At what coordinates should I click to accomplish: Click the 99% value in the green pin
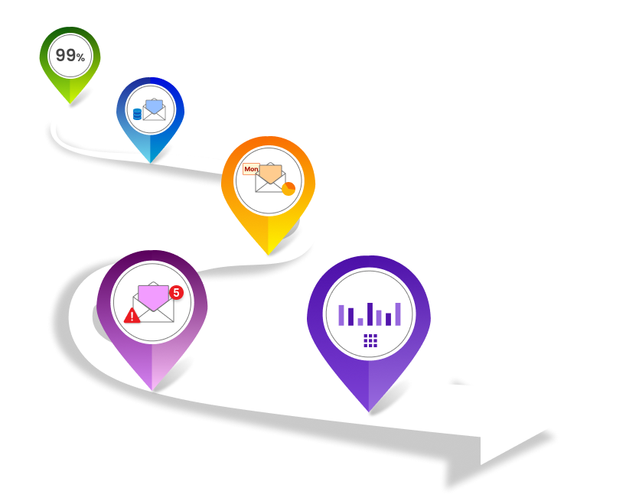pyautogui.click(x=70, y=56)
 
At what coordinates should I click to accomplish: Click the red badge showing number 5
pyautogui.click(x=176, y=292)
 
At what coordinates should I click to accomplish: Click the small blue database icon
pyautogui.click(x=138, y=114)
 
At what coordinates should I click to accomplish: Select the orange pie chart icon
pyautogui.click(x=289, y=188)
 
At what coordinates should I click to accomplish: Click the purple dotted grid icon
pyautogui.click(x=370, y=340)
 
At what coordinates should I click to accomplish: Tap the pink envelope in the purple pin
pyautogui.click(x=152, y=299)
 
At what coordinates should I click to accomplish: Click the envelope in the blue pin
pyautogui.click(x=155, y=110)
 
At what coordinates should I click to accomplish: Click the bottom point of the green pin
pyautogui.click(x=70, y=102)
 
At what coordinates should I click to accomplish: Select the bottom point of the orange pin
pyautogui.click(x=268, y=253)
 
